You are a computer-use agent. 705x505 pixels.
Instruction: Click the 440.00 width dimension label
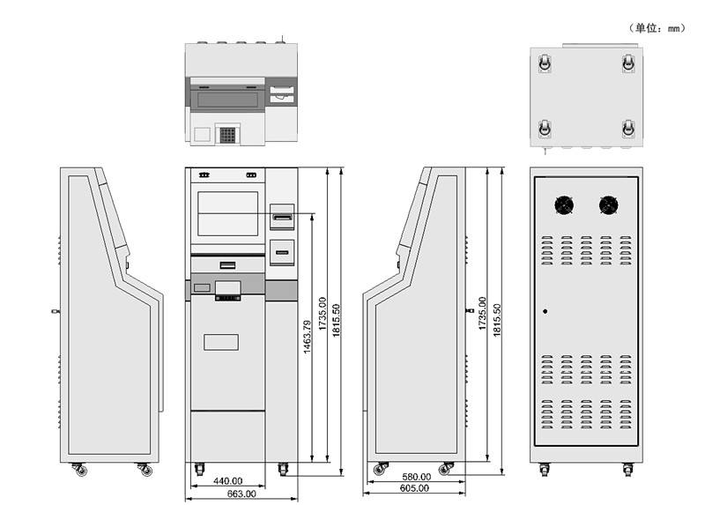pos(228,481)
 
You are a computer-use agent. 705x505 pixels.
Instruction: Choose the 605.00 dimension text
pos(414,487)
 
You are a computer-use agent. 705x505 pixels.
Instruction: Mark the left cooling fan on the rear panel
pos(563,205)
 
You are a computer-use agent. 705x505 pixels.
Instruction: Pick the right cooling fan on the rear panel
pos(608,205)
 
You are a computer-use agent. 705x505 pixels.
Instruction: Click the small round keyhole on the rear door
pos(545,310)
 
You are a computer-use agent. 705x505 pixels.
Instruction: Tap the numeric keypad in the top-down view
pos(228,135)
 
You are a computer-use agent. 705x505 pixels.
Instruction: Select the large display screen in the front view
pos(228,212)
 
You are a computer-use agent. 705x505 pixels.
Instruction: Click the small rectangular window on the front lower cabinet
pos(221,340)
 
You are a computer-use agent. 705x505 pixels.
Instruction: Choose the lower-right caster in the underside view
pos(628,129)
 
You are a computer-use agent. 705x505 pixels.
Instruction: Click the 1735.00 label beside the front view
pos(322,314)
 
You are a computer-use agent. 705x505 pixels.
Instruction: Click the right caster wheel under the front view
pos(284,469)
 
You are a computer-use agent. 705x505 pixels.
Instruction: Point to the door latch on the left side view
pos(56,311)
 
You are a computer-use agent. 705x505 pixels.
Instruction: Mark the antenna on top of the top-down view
pos(283,38)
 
